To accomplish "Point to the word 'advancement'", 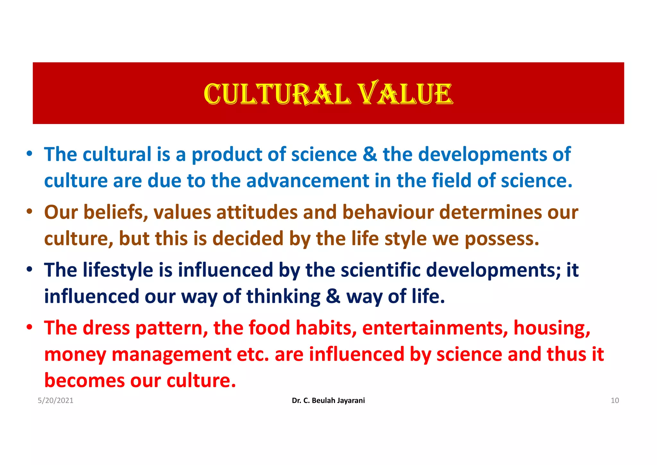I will click(308, 180).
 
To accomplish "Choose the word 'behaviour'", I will click(388, 213).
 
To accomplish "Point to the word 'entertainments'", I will click(435, 328).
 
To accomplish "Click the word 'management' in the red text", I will click(171, 355).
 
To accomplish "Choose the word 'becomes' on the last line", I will click(84, 381).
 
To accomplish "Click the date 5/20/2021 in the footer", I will click(55, 400).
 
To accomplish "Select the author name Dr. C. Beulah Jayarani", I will click(328, 400).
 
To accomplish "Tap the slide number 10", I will click(615, 400).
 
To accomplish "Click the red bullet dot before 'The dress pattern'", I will click(30, 327).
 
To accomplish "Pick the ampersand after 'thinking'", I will click(333, 296).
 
